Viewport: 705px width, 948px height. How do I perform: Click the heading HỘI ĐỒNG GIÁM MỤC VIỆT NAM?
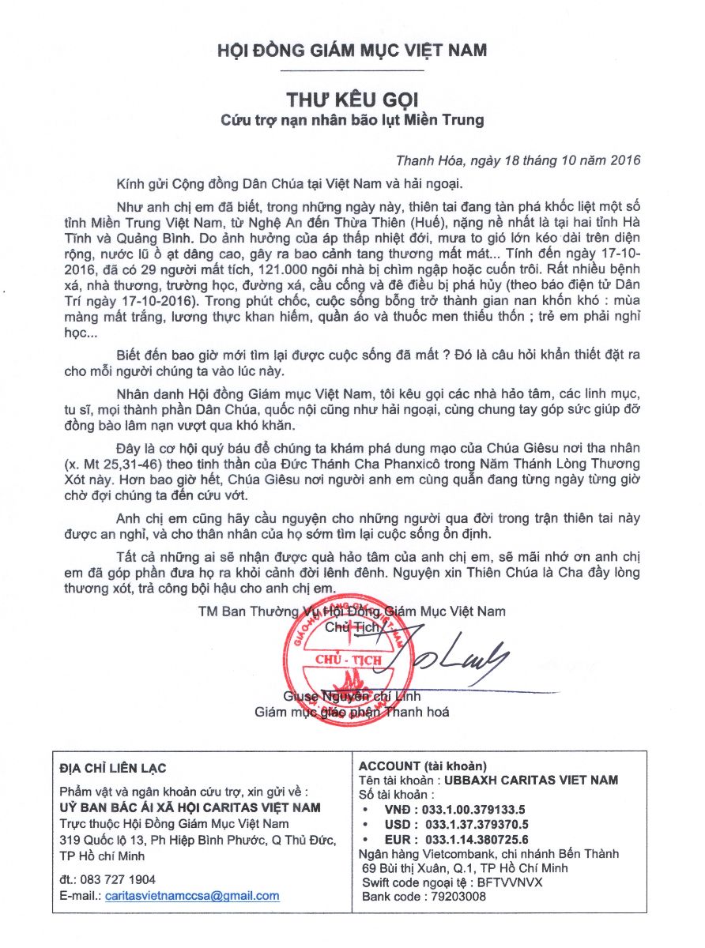point(352,51)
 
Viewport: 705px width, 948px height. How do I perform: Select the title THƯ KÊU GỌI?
point(352,100)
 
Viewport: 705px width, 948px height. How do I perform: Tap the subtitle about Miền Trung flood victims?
point(352,121)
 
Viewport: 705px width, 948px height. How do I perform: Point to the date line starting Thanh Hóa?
point(518,159)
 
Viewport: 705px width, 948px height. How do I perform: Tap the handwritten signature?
point(448,653)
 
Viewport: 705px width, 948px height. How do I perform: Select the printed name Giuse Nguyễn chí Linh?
point(352,697)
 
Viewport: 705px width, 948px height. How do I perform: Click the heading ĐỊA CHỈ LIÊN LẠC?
point(113,768)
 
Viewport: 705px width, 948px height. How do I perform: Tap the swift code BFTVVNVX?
point(509,882)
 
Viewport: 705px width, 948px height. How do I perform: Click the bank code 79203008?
point(456,897)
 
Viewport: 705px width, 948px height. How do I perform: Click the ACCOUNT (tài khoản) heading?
point(423,766)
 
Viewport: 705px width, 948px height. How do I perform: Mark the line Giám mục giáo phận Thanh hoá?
point(352,712)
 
